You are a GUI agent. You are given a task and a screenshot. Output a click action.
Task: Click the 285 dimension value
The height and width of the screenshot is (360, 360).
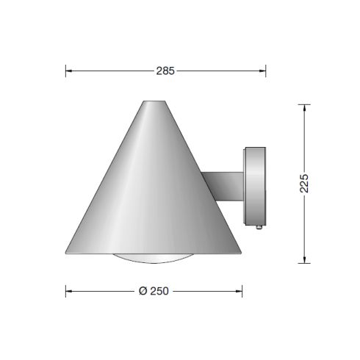click(165, 71)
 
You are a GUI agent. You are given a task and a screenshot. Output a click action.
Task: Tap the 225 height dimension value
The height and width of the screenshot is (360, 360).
click(305, 183)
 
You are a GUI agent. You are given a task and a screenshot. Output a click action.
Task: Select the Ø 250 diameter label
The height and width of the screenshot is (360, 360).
click(154, 290)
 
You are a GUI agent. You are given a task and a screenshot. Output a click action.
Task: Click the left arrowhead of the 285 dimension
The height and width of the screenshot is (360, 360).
click(68, 71)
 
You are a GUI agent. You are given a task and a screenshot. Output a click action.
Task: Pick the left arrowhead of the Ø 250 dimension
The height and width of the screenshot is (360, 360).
click(68, 290)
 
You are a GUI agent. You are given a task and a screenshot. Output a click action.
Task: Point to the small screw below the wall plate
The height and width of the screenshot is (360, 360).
click(259, 228)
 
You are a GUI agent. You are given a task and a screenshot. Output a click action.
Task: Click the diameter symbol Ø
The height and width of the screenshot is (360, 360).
click(143, 290)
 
